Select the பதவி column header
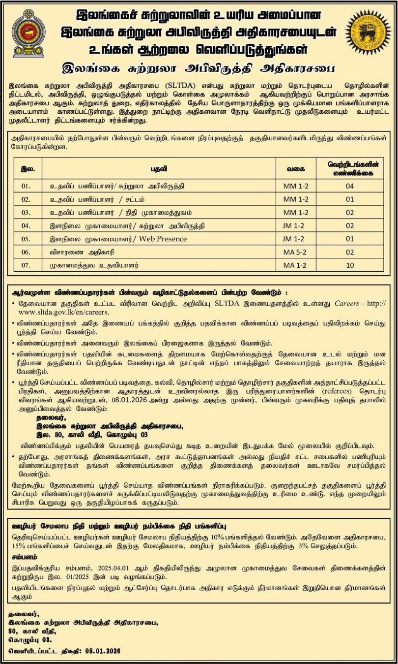tap(158, 168)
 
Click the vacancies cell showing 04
tap(349, 186)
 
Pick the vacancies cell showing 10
tap(349, 265)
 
